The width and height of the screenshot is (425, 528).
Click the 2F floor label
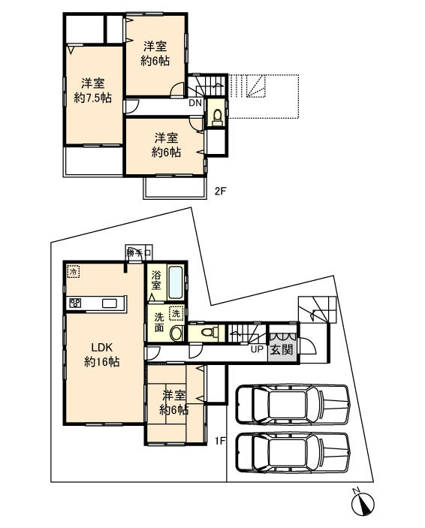[x=220, y=191]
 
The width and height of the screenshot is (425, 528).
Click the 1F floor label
[x=220, y=442]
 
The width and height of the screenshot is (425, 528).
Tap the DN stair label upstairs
[x=194, y=103]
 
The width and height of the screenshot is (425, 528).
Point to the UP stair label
[x=256, y=349]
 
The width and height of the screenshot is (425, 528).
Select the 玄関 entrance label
[x=282, y=349]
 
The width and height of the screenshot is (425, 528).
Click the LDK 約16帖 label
[x=103, y=354]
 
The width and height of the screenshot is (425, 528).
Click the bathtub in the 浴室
[x=175, y=283]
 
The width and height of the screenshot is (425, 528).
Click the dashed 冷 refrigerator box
[x=74, y=271]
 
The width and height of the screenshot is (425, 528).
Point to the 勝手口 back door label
[x=139, y=252]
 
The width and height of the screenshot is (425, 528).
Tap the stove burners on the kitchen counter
[x=75, y=303]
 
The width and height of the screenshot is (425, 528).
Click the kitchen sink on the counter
[x=110, y=303]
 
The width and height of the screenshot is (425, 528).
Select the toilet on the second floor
[x=217, y=116]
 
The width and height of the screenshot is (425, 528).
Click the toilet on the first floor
[x=212, y=332]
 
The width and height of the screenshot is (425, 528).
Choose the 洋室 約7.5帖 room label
[x=92, y=90]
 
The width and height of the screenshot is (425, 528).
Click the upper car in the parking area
[x=292, y=406]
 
